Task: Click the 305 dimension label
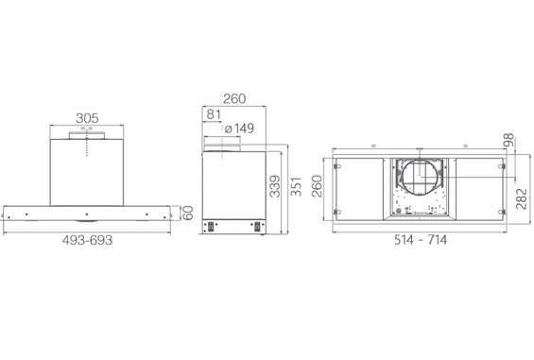point(87,118)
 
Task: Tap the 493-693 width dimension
point(87,240)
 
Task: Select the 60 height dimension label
point(188,213)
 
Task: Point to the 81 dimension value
point(214,114)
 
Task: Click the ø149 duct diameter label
point(239,129)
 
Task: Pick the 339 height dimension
point(275,186)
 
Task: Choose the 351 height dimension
point(296,186)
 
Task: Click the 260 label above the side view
point(234,99)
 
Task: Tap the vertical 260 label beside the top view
point(317,186)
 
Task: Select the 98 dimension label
point(508,140)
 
